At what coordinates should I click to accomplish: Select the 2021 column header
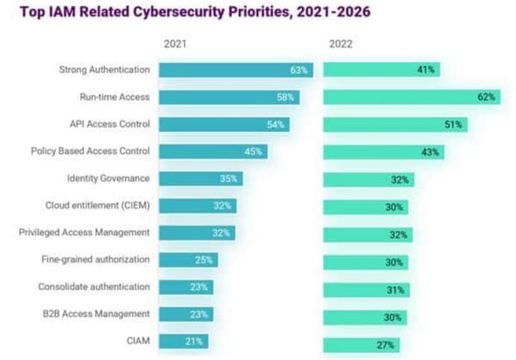[x=175, y=43]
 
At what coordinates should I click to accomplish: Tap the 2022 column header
[x=341, y=43]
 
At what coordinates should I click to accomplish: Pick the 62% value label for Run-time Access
[x=486, y=97]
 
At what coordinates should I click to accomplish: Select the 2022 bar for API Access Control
[x=394, y=124]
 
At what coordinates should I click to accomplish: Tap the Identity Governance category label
[x=110, y=178]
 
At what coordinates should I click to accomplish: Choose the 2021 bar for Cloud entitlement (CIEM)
[x=197, y=205]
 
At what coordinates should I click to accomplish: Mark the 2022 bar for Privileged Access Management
[x=367, y=234]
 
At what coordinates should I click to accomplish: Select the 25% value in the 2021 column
[x=204, y=260]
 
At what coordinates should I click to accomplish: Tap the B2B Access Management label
[x=105, y=313]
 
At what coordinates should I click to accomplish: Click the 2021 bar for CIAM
[x=183, y=341]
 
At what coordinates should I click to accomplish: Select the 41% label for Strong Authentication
[x=425, y=70]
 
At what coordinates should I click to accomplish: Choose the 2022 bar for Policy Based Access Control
[x=383, y=151]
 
